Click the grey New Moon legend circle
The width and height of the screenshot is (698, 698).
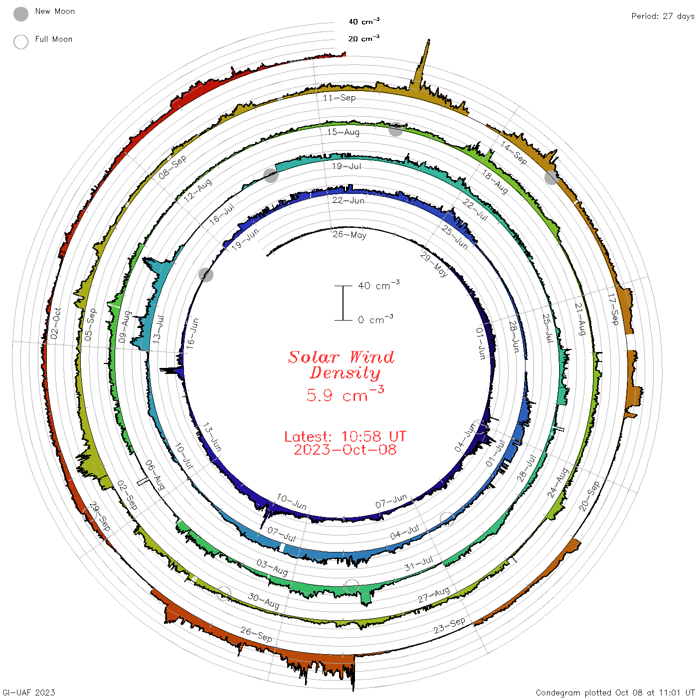(x=20, y=14)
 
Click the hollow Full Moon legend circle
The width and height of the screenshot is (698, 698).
(x=20, y=42)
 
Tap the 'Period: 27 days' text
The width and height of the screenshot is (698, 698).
(x=663, y=16)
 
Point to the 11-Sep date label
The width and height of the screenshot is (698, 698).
(x=339, y=98)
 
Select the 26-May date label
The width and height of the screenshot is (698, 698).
(x=349, y=235)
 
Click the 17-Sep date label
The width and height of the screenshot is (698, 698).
(x=613, y=309)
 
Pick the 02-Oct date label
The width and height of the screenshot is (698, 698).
(x=55, y=324)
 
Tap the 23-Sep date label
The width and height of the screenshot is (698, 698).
(x=449, y=626)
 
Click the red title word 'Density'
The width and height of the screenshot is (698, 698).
(x=345, y=373)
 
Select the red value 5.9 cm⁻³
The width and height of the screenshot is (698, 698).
(x=345, y=394)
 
